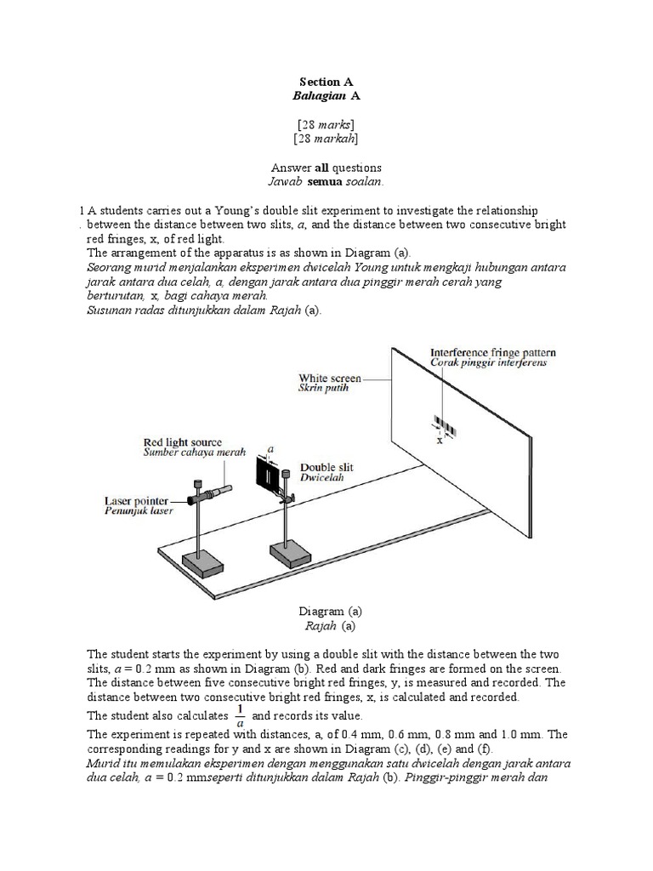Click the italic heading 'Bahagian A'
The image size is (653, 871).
click(x=326, y=97)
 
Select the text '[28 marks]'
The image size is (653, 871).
click(x=326, y=124)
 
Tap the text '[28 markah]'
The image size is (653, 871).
click(x=326, y=139)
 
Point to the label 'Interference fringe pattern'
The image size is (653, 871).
click(x=489, y=351)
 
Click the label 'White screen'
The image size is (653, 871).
click(x=329, y=378)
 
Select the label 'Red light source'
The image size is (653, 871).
click(x=182, y=442)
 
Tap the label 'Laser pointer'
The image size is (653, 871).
click(x=136, y=501)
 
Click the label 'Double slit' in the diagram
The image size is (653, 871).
click(x=326, y=468)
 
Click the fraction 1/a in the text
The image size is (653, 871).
click(x=240, y=714)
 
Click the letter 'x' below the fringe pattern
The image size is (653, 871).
click(x=440, y=441)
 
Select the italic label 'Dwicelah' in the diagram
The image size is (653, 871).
click(x=321, y=480)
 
